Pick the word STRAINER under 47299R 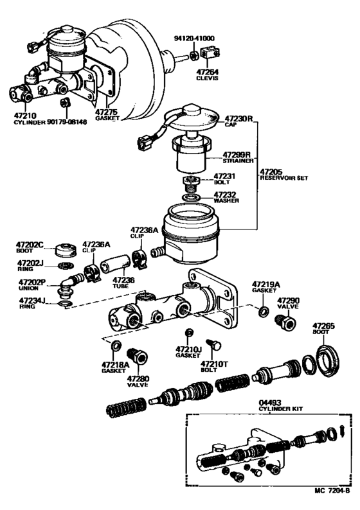click(x=237, y=163)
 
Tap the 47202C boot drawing click(x=64, y=249)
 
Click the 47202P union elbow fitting click(x=69, y=281)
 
